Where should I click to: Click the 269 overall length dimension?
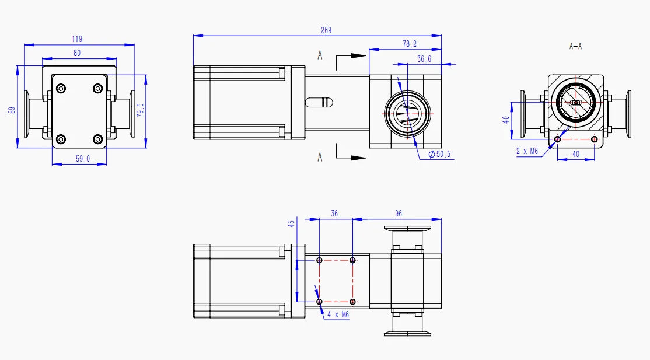point(326,30)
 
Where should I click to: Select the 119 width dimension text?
point(77,39)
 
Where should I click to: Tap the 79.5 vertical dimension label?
point(139,110)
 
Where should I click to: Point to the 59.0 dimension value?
point(83,159)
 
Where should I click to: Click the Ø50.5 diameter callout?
point(439,155)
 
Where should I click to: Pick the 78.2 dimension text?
point(410,44)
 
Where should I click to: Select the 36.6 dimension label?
point(424,59)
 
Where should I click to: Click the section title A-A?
point(575,46)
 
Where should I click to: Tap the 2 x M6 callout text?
point(527,151)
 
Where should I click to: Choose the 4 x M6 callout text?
point(337,314)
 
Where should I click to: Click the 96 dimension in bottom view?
point(399,214)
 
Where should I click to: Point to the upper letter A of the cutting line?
point(320,55)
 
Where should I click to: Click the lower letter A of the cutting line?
point(320,157)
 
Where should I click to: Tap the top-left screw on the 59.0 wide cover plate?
point(61,89)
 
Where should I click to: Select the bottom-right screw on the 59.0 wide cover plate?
point(97,139)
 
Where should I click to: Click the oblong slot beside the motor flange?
point(319,102)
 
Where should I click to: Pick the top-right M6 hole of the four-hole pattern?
point(353,260)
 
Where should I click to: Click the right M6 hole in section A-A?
point(594,139)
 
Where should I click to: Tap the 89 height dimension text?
point(12,109)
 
